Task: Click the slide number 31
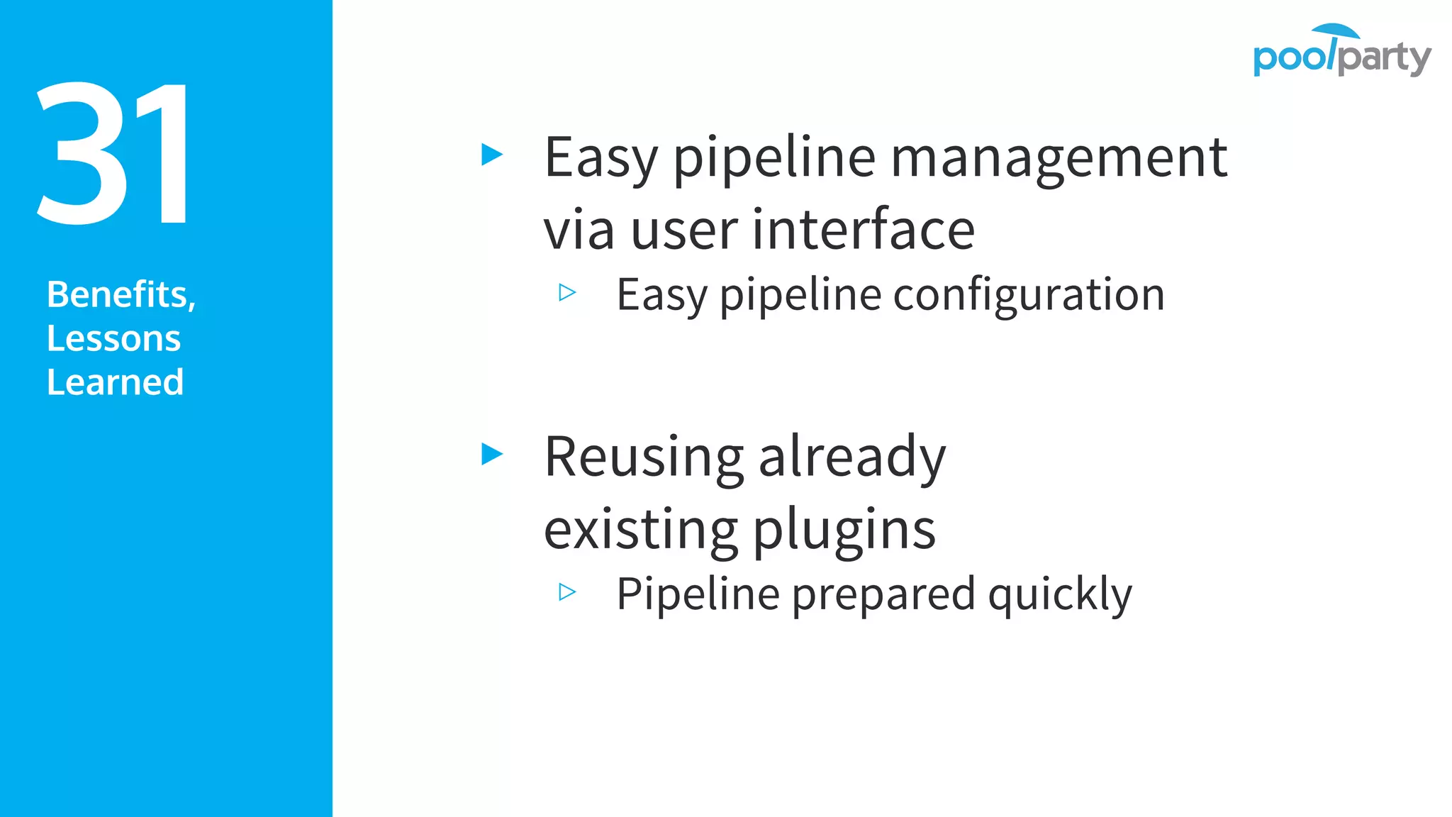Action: pyautogui.click(x=113, y=154)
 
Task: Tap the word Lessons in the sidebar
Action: pyautogui.click(x=113, y=338)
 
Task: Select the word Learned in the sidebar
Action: pyautogui.click(x=115, y=382)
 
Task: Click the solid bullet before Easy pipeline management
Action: pyautogui.click(x=491, y=154)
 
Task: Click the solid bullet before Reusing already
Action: pyautogui.click(x=491, y=454)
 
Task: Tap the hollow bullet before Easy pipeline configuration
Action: pyautogui.click(x=567, y=292)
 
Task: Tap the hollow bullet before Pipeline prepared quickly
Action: pyautogui.click(x=567, y=591)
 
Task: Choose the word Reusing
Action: pyautogui.click(x=643, y=458)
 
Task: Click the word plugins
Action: pyautogui.click(x=844, y=530)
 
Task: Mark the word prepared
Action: pyautogui.click(x=883, y=594)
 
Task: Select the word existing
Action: pyautogui.click(x=640, y=529)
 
